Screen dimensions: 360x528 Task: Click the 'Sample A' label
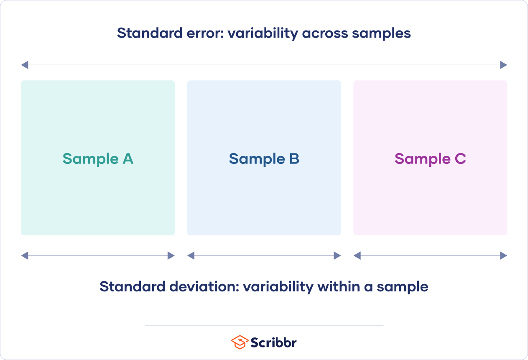98,159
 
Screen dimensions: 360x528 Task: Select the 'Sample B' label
264,159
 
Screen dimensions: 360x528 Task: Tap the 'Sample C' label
430,159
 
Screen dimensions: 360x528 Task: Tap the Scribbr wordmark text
274,342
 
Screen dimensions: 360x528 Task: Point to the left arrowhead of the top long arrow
25,65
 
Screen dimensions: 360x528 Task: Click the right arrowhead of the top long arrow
503,65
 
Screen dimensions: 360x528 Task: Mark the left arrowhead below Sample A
25,255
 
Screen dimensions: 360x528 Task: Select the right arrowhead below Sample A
171,255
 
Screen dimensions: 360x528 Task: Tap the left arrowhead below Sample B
191,255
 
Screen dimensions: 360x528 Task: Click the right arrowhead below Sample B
337,255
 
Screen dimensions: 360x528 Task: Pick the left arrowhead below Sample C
357,255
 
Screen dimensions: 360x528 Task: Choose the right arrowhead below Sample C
503,255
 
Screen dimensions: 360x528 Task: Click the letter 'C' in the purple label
459,159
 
